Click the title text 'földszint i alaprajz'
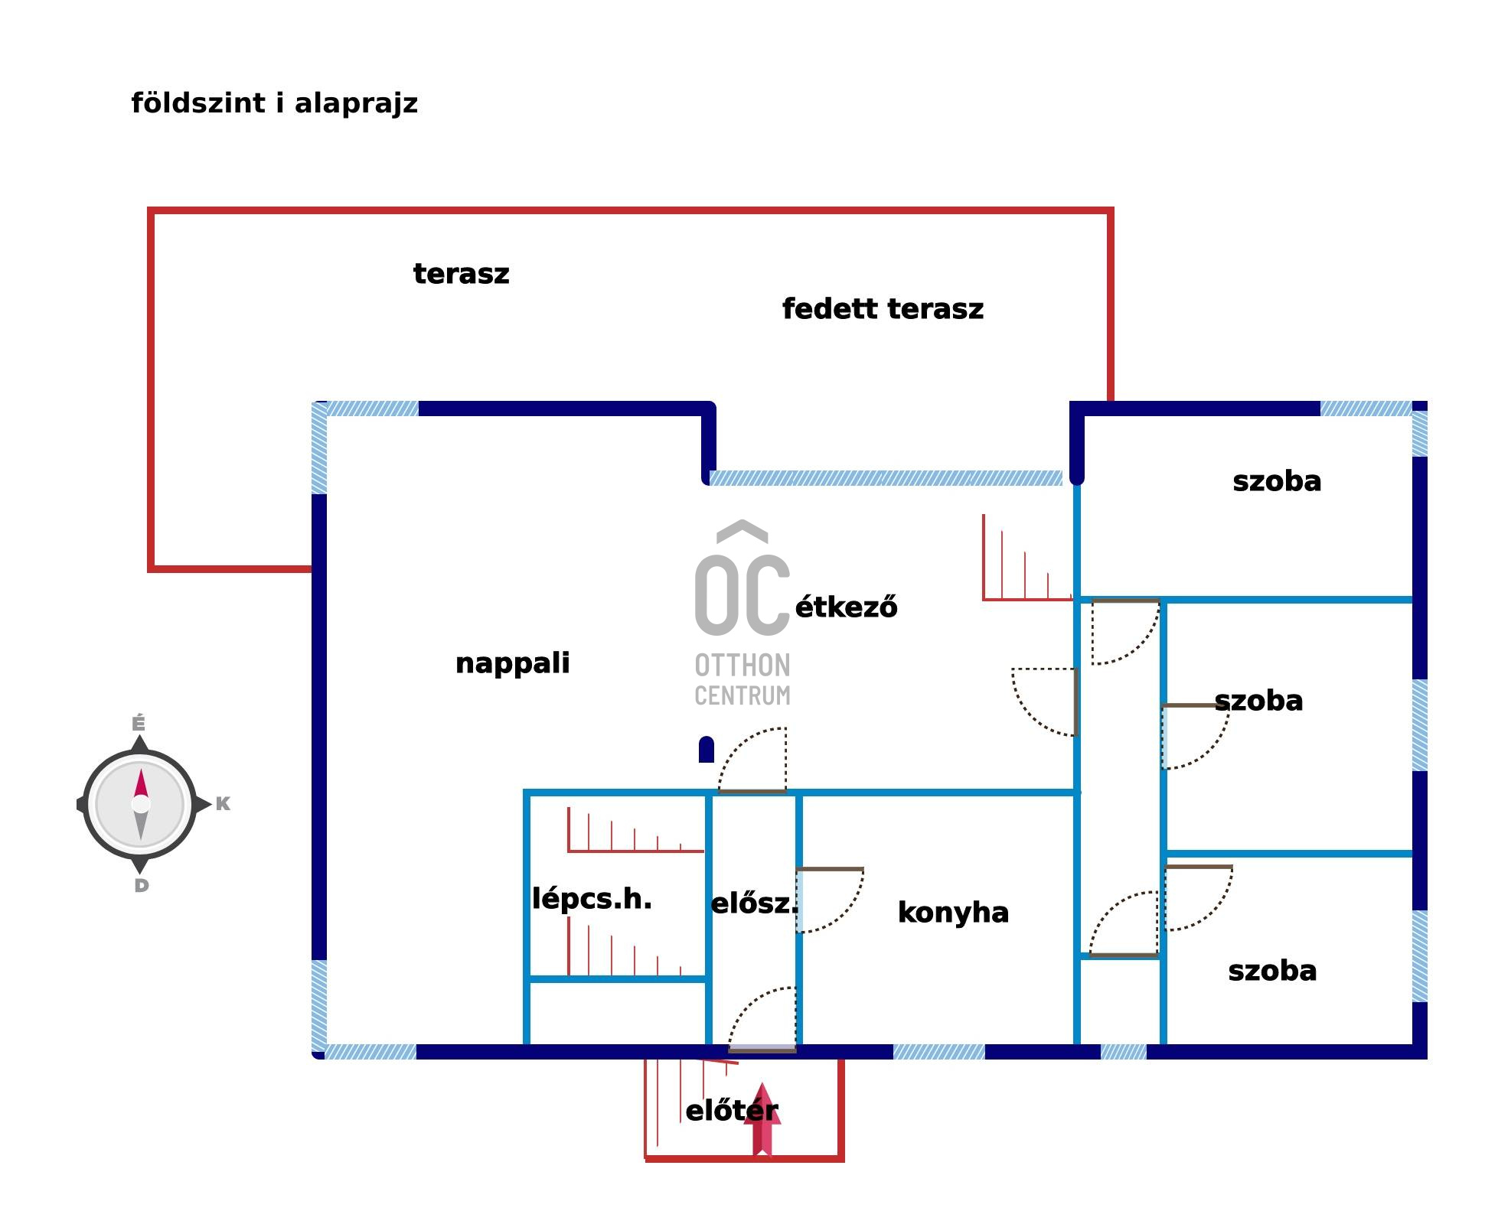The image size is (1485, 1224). (274, 103)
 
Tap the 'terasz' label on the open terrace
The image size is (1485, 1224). (461, 274)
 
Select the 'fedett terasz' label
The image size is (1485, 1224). (883, 309)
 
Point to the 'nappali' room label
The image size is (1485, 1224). (512, 663)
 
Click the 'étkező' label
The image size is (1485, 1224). (846, 607)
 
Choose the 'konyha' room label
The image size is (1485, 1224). (953, 913)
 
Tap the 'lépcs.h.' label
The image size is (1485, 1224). (592, 899)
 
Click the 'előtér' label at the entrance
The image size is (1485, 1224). (731, 1111)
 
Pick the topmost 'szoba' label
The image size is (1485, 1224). (1277, 481)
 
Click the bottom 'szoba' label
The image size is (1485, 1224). (1272, 971)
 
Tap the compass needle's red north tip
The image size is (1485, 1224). (141, 783)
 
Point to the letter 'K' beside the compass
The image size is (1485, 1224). (223, 804)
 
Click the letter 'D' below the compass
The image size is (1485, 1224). (142, 886)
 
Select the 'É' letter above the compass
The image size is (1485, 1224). (139, 723)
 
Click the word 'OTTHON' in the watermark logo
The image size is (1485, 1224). (742, 666)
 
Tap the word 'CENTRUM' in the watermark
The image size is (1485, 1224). (742, 696)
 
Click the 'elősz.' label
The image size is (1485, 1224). (754, 904)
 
